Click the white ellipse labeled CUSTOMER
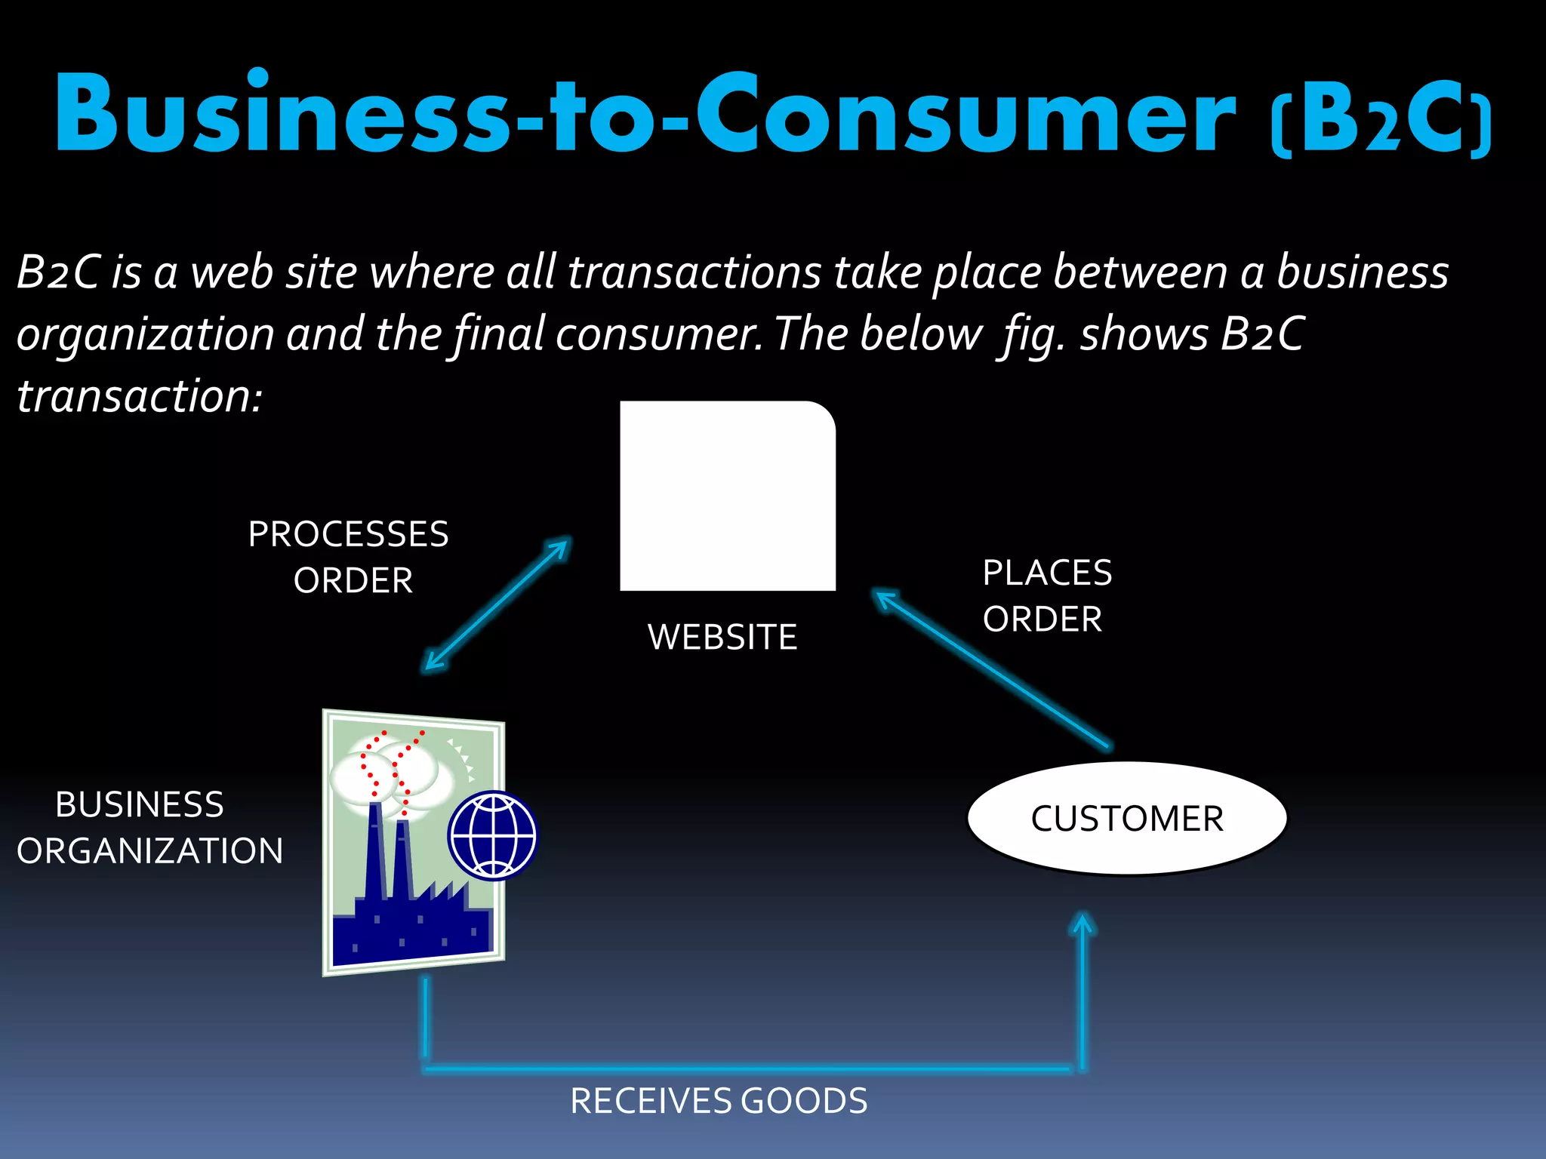[1127, 819]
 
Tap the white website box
[728, 496]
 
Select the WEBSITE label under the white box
[722, 637]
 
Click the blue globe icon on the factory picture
[492, 835]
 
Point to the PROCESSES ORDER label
[350, 557]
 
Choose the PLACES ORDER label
[1047, 595]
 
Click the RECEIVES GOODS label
[719, 1101]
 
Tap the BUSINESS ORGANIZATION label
[149, 828]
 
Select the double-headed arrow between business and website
[497, 605]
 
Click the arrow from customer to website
[993, 669]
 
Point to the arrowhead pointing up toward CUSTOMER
[1083, 926]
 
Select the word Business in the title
[282, 115]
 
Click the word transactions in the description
[694, 272]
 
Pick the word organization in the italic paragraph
[145, 334]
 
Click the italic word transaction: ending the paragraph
[140, 396]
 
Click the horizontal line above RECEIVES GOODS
[747, 1068]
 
